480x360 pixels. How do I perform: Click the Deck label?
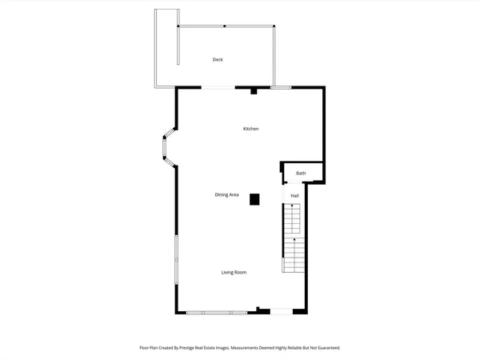[218, 60]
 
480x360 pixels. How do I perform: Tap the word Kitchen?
[251, 129]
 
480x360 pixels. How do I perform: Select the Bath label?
[301, 173]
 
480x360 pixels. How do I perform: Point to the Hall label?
[294, 195]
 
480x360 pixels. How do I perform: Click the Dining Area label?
[226, 194]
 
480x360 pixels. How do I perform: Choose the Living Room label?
[234, 272]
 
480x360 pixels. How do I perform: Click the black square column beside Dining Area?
[254, 199]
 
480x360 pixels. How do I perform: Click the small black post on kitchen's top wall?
[254, 91]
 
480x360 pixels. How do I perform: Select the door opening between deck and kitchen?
[218, 87]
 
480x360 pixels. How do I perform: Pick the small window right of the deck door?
[280, 87]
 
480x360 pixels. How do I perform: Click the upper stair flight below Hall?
[294, 219]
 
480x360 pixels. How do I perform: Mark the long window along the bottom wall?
[216, 312]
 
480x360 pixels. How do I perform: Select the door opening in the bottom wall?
[279, 311]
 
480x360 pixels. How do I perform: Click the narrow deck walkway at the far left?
[166, 48]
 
